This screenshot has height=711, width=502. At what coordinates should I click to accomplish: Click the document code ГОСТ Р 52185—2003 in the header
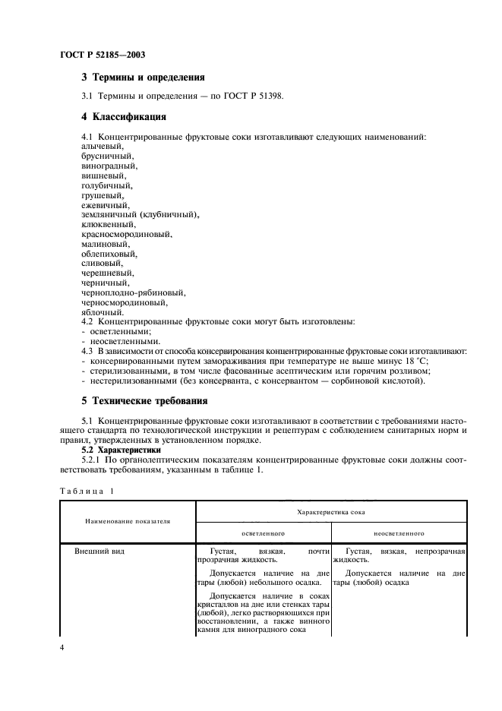pyautogui.click(x=102, y=55)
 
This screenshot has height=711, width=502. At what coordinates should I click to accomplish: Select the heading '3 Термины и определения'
pyautogui.click(x=143, y=77)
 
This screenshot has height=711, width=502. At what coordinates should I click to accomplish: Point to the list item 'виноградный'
pyautogui.click(x=109, y=165)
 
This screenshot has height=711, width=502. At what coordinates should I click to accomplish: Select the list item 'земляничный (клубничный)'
pyautogui.click(x=140, y=214)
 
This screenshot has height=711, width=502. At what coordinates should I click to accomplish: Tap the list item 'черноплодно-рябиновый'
pyautogui.click(x=133, y=292)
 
